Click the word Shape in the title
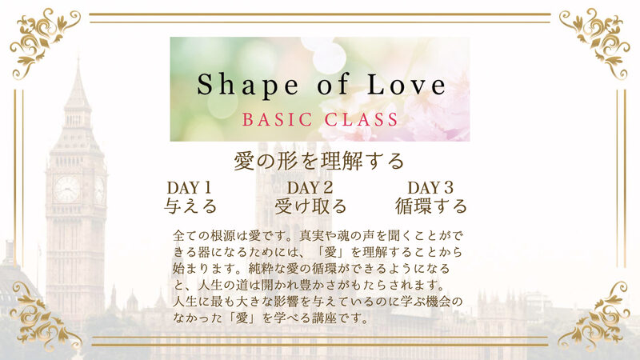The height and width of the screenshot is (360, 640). click(248, 86)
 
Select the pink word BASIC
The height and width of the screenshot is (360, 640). click(278, 119)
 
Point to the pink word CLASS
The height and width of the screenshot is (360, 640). click(362, 119)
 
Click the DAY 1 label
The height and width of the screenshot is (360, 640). click(189, 188)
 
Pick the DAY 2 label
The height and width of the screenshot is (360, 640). click(310, 188)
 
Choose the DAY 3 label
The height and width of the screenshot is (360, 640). click(430, 188)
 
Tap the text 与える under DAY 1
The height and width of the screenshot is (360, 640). click(190, 206)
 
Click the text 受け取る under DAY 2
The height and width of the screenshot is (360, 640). click(310, 206)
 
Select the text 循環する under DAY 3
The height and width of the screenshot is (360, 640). click(431, 206)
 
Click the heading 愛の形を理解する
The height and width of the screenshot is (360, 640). click(318, 162)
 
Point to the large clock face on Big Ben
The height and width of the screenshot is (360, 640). click(67, 189)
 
